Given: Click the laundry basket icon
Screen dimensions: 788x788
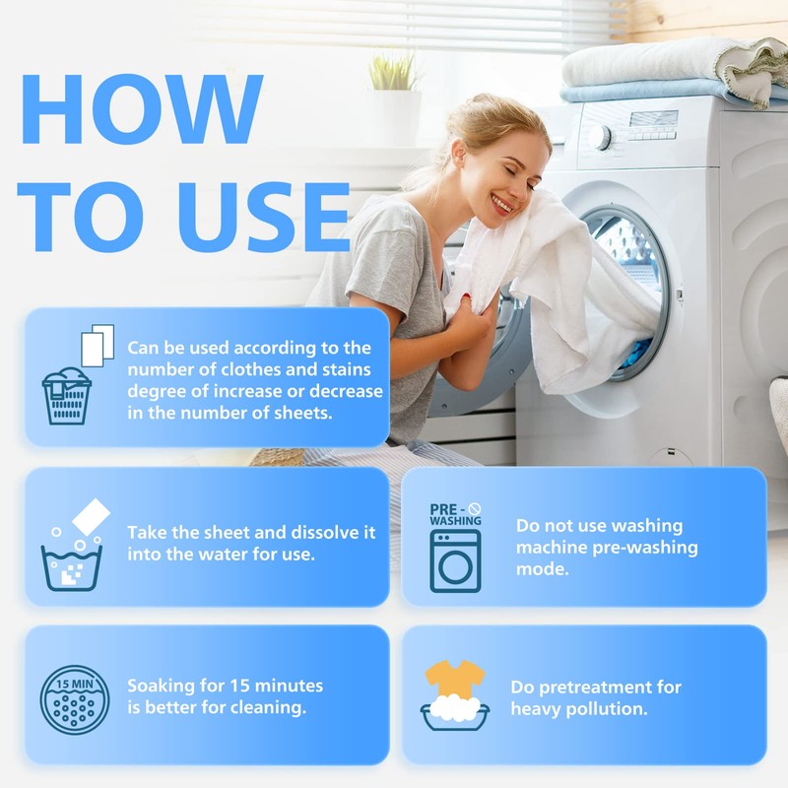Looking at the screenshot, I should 67,395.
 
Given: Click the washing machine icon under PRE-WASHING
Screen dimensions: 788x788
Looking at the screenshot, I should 455,560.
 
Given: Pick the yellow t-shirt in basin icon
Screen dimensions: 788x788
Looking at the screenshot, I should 455,695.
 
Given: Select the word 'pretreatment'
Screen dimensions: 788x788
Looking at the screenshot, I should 607,687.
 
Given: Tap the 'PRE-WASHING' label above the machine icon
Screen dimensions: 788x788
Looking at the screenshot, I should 455,514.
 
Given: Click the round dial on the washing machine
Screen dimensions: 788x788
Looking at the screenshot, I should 599,137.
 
